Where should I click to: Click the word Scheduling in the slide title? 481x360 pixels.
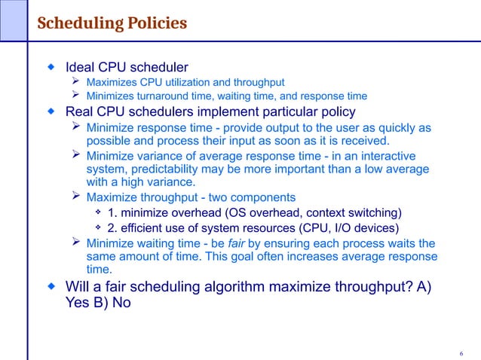(x=77, y=23)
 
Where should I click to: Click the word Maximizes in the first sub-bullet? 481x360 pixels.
(x=112, y=82)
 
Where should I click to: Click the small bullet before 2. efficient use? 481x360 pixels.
(x=99, y=228)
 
